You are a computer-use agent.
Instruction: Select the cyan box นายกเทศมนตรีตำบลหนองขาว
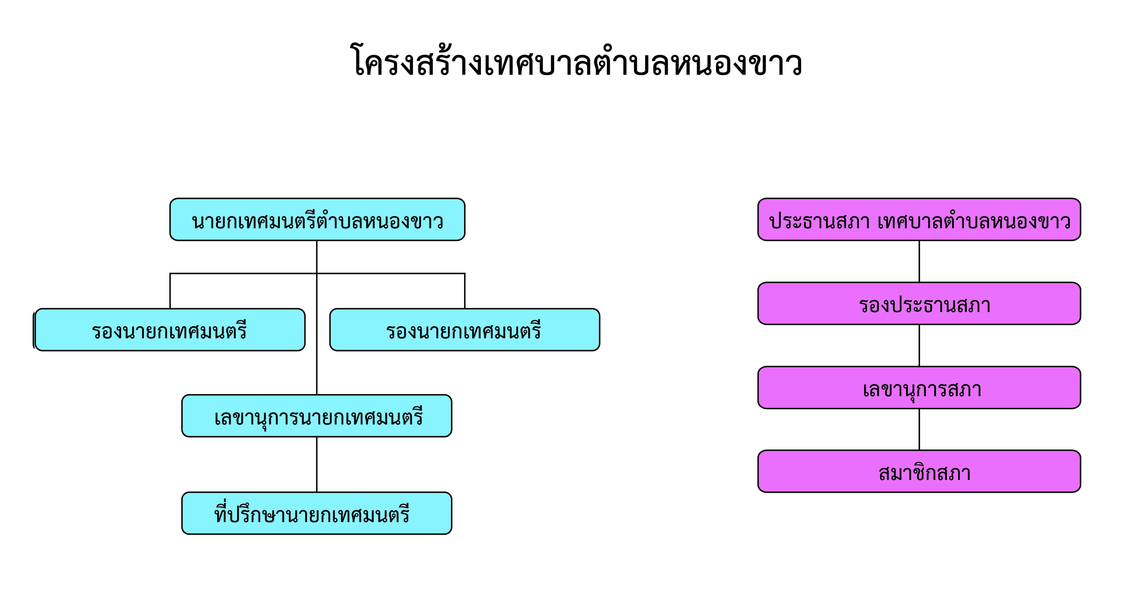(x=317, y=220)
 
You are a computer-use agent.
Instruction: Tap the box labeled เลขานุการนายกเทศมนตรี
(x=317, y=416)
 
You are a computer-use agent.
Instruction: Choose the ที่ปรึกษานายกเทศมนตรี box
(x=317, y=513)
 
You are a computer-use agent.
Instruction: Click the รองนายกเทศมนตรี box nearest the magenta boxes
(x=465, y=329)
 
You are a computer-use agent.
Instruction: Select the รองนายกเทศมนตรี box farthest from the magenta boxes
(x=170, y=329)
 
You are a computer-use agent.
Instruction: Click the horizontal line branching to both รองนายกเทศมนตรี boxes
(x=317, y=274)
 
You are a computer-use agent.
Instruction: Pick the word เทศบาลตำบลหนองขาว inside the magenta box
(x=974, y=221)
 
